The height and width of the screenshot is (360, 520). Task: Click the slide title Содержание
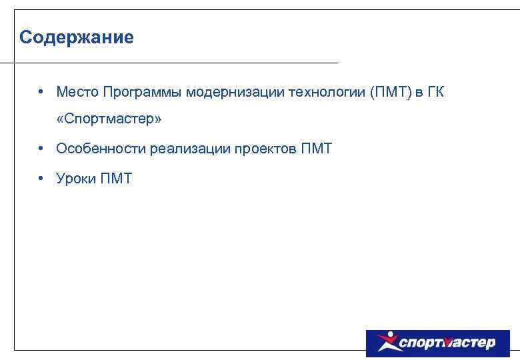pyautogui.click(x=77, y=37)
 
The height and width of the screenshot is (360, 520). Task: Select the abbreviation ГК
pyautogui.click(x=435, y=91)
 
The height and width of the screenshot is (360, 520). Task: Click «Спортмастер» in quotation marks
pyautogui.click(x=109, y=119)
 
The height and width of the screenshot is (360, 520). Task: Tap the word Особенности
pyautogui.click(x=101, y=149)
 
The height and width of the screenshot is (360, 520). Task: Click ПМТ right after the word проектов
pyautogui.click(x=317, y=149)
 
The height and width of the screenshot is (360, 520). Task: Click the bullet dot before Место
pyautogui.click(x=41, y=91)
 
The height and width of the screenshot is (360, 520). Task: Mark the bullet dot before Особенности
pyautogui.click(x=41, y=148)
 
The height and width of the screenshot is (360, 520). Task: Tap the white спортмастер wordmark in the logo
pyautogui.click(x=447, y=343)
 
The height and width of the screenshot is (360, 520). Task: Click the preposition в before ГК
pyautogui.click(x=418, y=92)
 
